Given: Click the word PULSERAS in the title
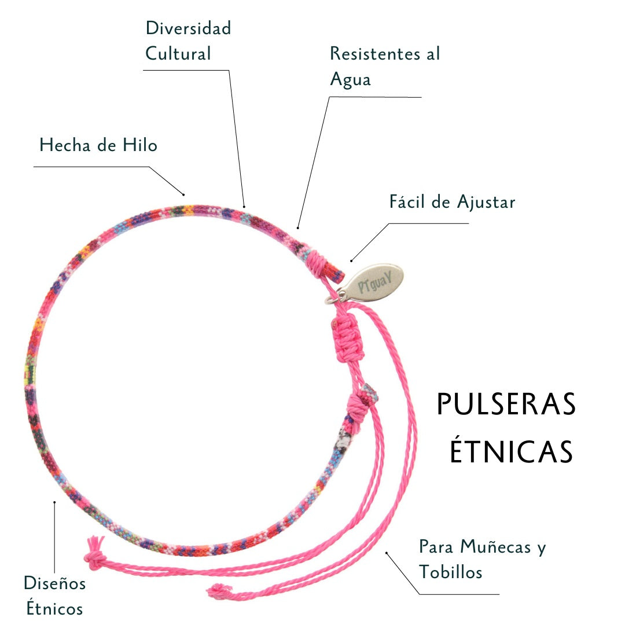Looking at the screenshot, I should point(506,404).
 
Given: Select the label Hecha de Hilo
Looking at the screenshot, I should point(98,145).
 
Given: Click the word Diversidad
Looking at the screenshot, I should point(188,28).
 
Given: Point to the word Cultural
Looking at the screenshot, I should point(178,54).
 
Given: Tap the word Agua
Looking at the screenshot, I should point(350,80).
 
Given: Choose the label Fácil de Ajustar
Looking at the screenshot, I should point(452,202).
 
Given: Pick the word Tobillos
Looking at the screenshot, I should point(451,572).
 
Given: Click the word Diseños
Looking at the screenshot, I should point(54,583).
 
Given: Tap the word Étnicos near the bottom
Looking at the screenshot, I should point(54,608).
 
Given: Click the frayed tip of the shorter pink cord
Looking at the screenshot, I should point(219,590).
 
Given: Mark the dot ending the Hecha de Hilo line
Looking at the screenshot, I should point(183,194).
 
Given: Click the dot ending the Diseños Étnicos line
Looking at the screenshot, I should point(54,502).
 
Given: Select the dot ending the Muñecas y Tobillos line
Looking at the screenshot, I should point(387,553).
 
